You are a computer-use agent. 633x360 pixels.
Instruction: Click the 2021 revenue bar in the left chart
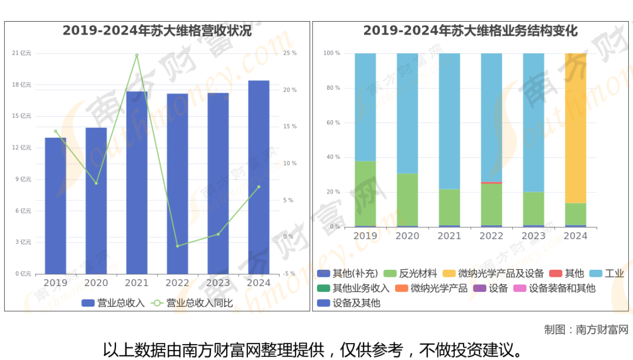coord(137,182)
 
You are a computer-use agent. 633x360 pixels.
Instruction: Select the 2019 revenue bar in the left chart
coord(56,206)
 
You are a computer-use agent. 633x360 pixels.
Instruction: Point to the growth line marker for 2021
coord(137,55)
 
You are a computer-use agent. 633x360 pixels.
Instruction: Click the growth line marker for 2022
coord(177,246)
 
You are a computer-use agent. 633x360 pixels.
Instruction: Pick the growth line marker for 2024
coord(258,187)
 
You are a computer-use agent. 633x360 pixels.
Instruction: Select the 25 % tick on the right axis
coord(290,53)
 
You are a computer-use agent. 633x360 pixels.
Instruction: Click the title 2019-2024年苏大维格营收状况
coord(157,31)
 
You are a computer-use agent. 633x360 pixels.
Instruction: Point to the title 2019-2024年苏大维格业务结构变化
coord(471,31)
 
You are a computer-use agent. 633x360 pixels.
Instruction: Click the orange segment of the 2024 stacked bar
coord(576,128)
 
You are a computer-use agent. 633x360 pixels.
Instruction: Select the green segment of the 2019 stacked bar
coord(365,193)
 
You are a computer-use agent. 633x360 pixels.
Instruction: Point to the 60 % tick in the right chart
coord(332,123)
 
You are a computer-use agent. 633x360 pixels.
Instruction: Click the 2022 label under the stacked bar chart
coord(491,236)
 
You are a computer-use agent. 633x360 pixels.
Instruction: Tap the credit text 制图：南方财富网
coord(586,329)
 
